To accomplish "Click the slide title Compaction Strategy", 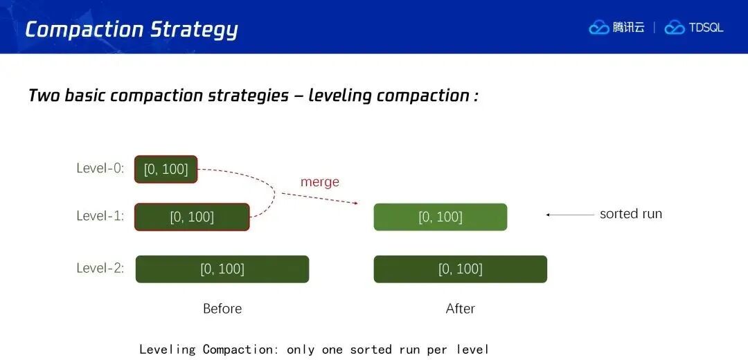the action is (131, 30).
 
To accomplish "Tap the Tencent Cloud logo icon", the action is (598, 28).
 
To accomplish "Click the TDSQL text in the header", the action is (706, 28).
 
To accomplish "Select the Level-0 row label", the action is (100, 168).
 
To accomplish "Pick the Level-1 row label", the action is (100, 216).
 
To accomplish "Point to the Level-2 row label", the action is (100, 268).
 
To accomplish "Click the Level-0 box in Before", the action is (166, 170).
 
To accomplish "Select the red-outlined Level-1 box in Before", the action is (192, 217).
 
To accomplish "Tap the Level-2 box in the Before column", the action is (222, 269).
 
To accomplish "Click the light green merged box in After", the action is (440, 217).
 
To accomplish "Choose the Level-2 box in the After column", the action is (461, 269).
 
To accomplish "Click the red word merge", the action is (319, 182).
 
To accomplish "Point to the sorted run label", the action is (631, 214).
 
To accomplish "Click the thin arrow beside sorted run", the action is (570, 215).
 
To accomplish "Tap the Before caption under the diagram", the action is (222, 309).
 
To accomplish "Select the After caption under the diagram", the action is (461, 309).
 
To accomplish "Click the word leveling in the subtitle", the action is (339, 96).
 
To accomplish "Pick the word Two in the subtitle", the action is (44, 96).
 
